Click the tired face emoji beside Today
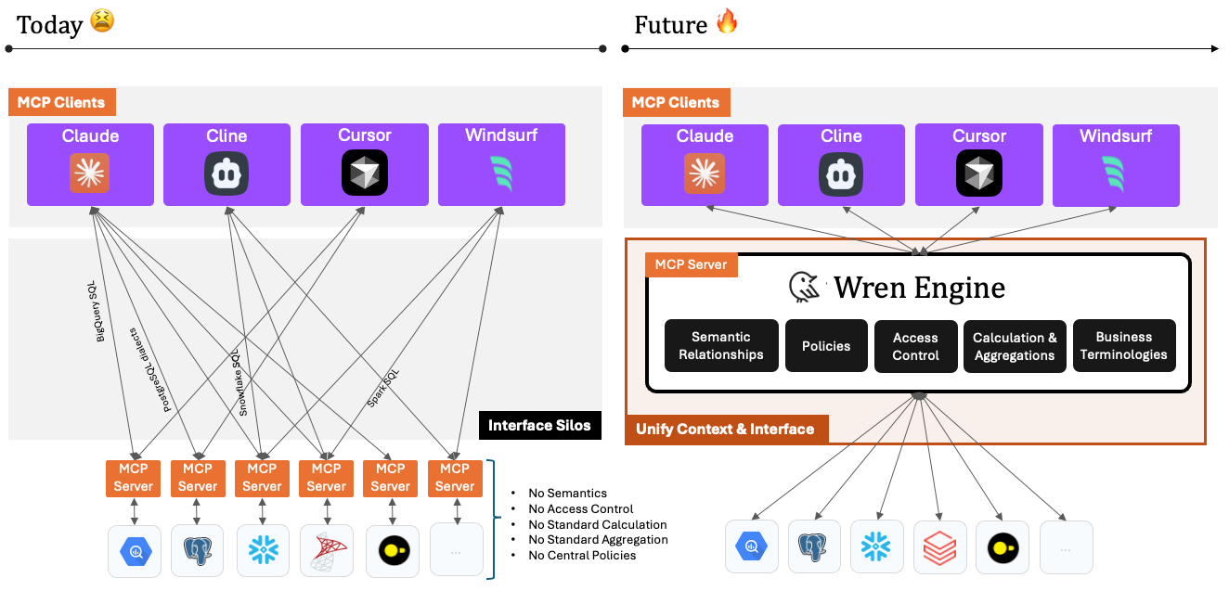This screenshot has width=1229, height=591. click(102, 21)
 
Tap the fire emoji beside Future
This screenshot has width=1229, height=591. click(727, 21)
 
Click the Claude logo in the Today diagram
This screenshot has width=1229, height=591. click(90, 173)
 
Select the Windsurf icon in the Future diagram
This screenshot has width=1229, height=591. click(1115, 173)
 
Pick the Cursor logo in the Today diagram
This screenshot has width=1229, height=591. click(364, 173)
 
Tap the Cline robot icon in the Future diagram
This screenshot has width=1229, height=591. click(841, 173)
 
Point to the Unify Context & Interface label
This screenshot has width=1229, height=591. click(725, 429)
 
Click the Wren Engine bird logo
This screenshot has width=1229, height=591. click(805, 289)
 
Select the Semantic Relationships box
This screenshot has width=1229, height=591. click(720, 346)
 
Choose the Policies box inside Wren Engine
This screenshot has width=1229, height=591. click(826, 346)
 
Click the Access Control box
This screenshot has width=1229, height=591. click(915, 346)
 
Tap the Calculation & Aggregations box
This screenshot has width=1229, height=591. click(1015, 346)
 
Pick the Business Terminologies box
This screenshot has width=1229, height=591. click(1123, 346)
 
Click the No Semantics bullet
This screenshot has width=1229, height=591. click(567, 494)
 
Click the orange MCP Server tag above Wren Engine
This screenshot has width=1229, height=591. click(692, 264)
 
